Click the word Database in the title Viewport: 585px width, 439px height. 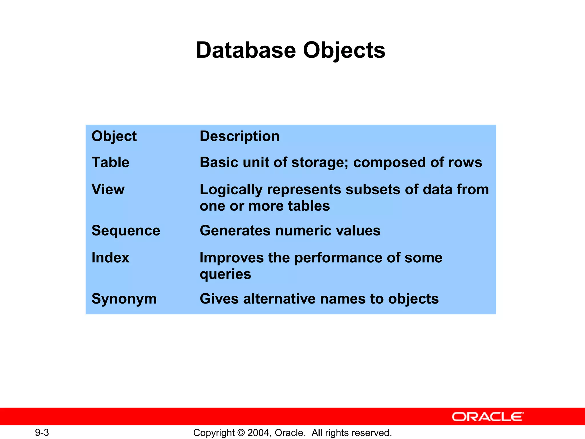tap(246, 50)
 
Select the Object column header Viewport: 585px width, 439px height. tap(114, 136)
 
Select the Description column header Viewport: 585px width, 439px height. tap(239, 136)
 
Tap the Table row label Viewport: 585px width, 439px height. tap(110, 162)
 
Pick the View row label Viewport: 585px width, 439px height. tap(108, 189)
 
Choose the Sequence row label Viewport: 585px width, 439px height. tap(126, 230)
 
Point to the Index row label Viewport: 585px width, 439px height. tap(110, 258)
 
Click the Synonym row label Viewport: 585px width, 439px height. tap(124, 299)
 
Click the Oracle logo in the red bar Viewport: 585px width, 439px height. tap(488, 417)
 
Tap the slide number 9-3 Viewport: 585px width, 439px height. tap(42, 432)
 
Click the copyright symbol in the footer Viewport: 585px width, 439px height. tap(241, 433)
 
